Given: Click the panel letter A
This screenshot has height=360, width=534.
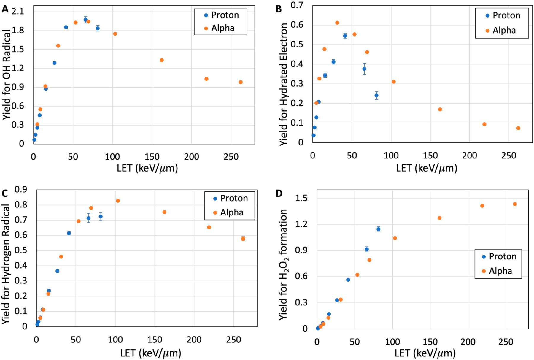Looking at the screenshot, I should coord(5,9).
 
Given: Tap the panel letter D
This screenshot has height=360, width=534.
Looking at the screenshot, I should coord(279,194).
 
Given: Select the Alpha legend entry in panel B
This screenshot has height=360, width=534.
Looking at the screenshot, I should coord(504,30).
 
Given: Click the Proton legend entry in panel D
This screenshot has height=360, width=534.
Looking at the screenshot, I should coord(502,256).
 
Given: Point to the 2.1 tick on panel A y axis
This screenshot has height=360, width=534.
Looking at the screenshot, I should coord(18,11).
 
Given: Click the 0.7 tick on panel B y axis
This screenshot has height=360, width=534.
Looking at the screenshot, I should coord(297,5).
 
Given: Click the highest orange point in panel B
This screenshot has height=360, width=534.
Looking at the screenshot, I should coord(337,23).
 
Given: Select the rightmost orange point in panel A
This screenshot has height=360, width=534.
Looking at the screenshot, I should coord(241,82).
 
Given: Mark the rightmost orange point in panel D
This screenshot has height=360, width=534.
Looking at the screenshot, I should coord(515,204).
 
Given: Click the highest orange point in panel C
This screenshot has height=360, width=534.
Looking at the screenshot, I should coord(118,201).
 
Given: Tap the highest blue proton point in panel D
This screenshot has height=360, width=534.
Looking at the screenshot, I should coord(378,229).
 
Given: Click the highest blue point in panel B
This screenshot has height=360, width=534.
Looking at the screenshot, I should coord(345,36).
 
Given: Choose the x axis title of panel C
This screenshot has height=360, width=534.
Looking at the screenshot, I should coord(150,353).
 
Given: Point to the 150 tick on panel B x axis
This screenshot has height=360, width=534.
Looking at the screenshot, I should coord(430,155).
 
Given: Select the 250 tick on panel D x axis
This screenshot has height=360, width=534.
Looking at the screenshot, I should coord(506,342).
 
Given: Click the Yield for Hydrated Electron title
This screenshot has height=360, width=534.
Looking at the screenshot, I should coord(284,84).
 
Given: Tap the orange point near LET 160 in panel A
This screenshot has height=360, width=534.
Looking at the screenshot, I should coord(162,60).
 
